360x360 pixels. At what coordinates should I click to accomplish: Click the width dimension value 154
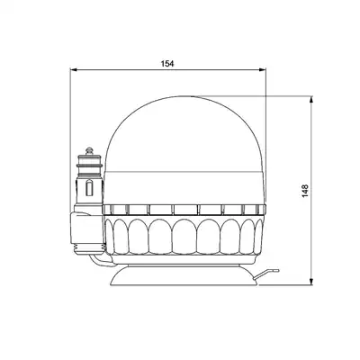[x=167, y=64]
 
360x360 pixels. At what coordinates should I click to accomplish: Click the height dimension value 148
[x=305, y=191]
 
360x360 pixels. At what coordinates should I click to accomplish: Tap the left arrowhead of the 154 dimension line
[x=74, y=69]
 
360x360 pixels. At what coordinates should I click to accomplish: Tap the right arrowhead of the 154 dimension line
[x=263, y=69]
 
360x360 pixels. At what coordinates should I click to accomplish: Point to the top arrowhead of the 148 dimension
[x=311, y=100]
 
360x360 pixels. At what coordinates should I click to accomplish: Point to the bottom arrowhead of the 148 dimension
[x=311, y=282]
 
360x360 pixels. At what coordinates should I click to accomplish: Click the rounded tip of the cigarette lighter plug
[x=89, y=151]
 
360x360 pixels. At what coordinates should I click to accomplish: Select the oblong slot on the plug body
[x=89, y=188]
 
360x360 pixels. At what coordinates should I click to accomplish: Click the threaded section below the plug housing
[x=90, y=247]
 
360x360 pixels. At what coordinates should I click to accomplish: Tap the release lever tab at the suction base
[x=267, y=274]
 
